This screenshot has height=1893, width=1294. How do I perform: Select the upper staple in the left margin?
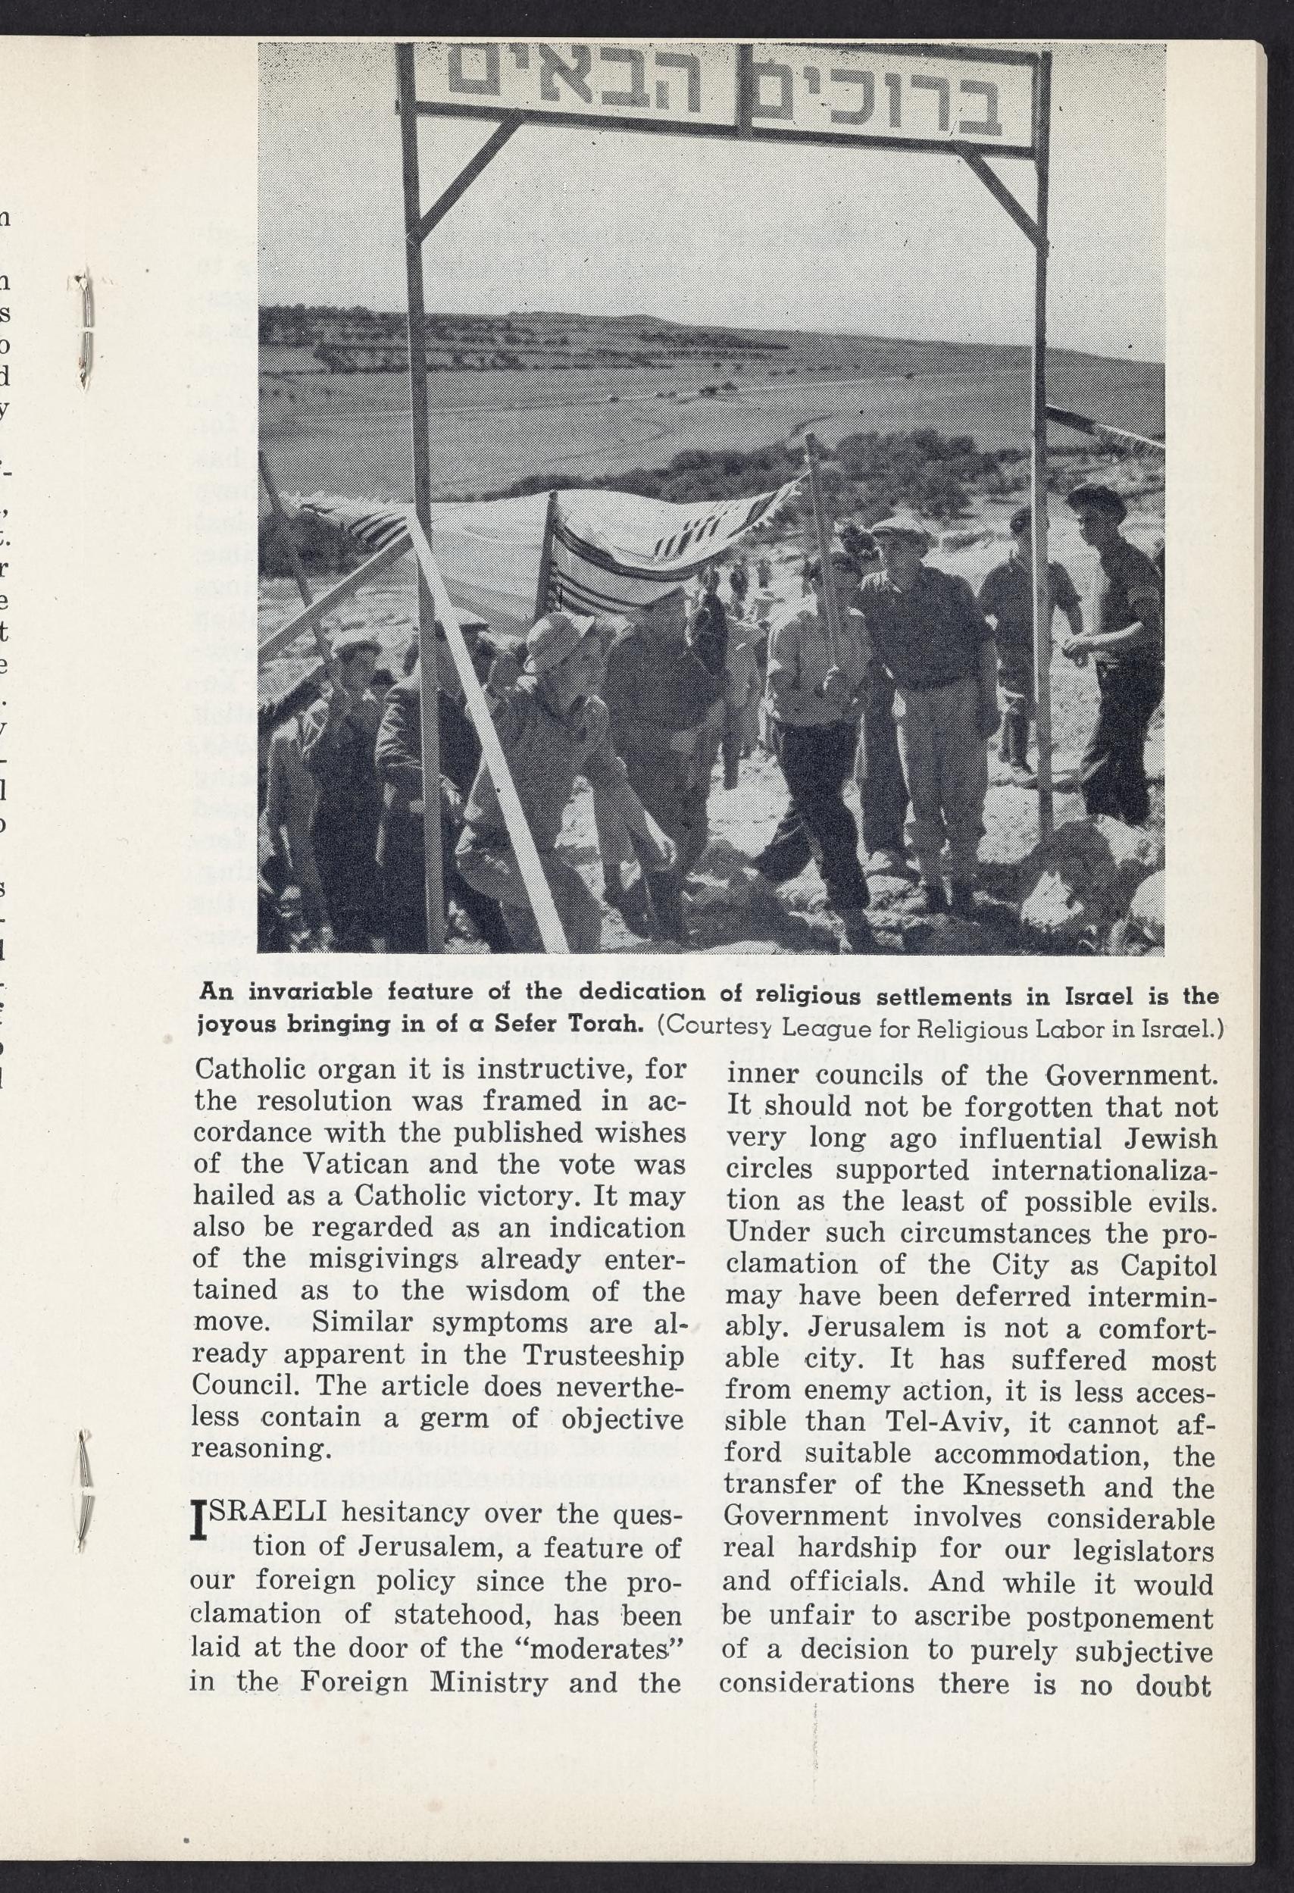84,330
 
